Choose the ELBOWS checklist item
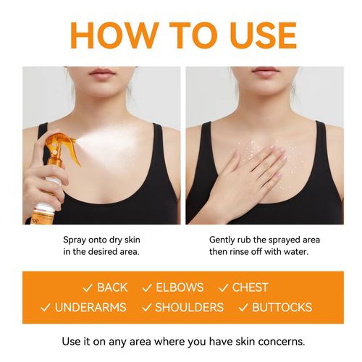(180, 287)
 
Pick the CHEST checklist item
(250, 287)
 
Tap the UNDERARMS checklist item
(90, 307)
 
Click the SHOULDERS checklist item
(189, 307)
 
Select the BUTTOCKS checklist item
(282, 307)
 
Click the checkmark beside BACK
(87, 287)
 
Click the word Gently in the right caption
(223, 239)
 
